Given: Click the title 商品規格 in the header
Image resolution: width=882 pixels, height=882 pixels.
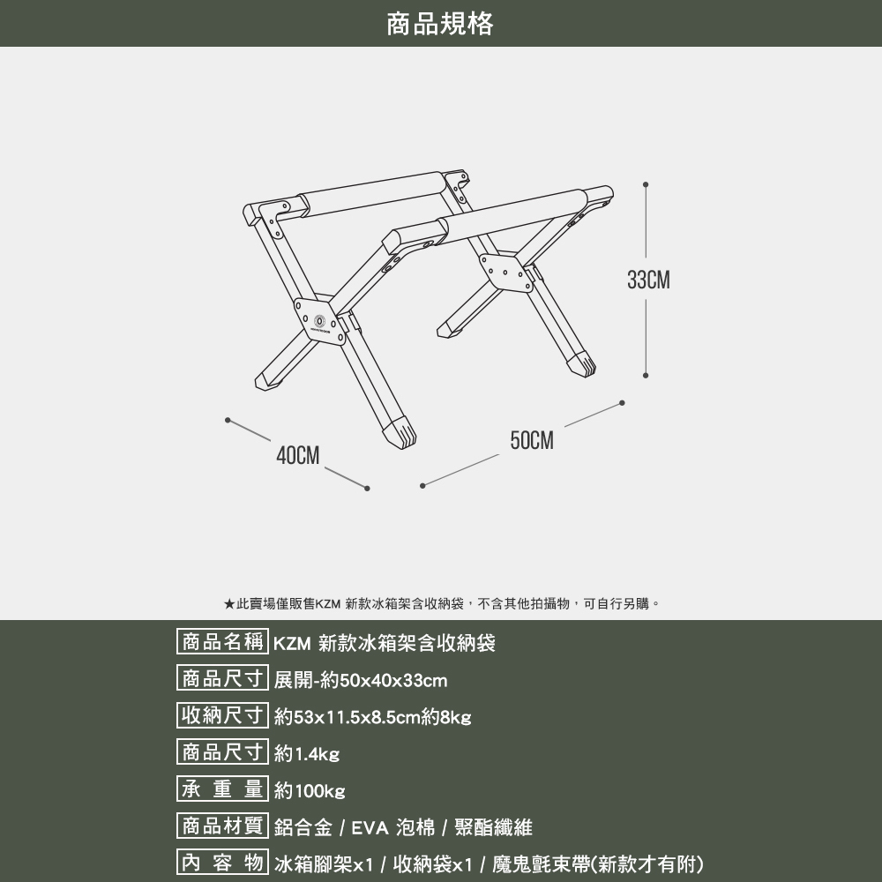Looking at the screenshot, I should (x=440, y=24).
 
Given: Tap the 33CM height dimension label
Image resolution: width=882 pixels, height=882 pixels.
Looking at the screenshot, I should (x=648, y=281).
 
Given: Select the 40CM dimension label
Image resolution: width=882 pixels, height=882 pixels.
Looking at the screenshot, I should (x=297, y=455).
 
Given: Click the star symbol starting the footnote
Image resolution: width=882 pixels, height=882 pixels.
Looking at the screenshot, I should (x=228, y=604).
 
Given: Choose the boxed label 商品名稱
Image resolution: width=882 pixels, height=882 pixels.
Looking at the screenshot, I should (x=222, y=642).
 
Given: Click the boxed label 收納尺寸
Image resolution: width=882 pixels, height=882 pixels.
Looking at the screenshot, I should (x=222, y=716).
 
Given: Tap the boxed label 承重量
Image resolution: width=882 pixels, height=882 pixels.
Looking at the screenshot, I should (x=222, y=789).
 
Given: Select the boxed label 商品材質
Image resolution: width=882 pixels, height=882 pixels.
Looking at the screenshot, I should (x=222, y=826).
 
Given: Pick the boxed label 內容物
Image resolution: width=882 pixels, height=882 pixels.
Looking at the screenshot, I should (x=222, y=863).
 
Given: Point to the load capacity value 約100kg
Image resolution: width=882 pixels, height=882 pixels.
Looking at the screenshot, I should (x=310, y=791).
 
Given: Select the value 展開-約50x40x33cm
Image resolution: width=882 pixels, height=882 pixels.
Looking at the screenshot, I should (x=361, y=681).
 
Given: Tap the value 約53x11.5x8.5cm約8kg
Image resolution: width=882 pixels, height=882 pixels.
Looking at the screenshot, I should (x=373, y=718).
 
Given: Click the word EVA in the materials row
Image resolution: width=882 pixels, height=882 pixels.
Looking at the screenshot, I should (x=370, y=828).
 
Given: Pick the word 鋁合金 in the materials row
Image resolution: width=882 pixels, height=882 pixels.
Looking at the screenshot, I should (x=303, y=828).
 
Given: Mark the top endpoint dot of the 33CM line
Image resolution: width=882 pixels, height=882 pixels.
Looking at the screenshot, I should (x=647, y=185).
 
